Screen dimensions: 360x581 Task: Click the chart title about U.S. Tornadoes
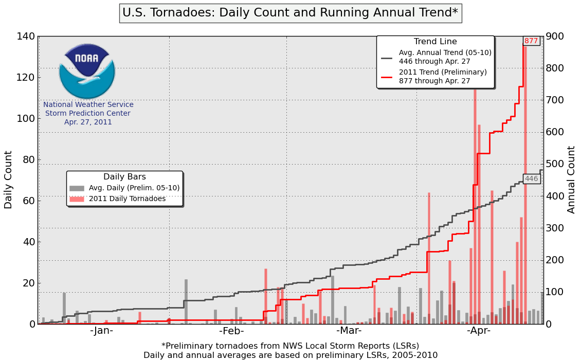tap(290, 12)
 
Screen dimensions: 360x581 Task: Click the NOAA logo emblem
tap(87, 71)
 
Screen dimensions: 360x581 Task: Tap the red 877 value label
tap(531, 41)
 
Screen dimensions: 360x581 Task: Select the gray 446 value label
tap(531, 179)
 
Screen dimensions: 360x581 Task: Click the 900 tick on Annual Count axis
tap(556, 37)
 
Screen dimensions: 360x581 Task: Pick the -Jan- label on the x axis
tap(101, 331)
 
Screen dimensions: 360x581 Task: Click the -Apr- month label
tap(479, 331)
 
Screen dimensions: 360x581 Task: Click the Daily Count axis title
tap(9, 179)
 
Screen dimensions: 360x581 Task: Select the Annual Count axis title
tap(572, 179)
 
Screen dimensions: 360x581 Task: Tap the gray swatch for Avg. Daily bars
tap(77, 188)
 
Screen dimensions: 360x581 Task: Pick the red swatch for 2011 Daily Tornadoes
tap(77, 199)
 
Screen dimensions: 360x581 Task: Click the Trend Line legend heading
tap(435, 42)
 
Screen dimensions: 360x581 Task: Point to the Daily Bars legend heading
tap(124, 177)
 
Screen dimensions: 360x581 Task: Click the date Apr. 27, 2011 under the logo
tap(88, 122)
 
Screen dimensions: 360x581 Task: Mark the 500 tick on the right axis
tap(556, 164)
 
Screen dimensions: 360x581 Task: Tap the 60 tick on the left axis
tap(29, 201)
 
